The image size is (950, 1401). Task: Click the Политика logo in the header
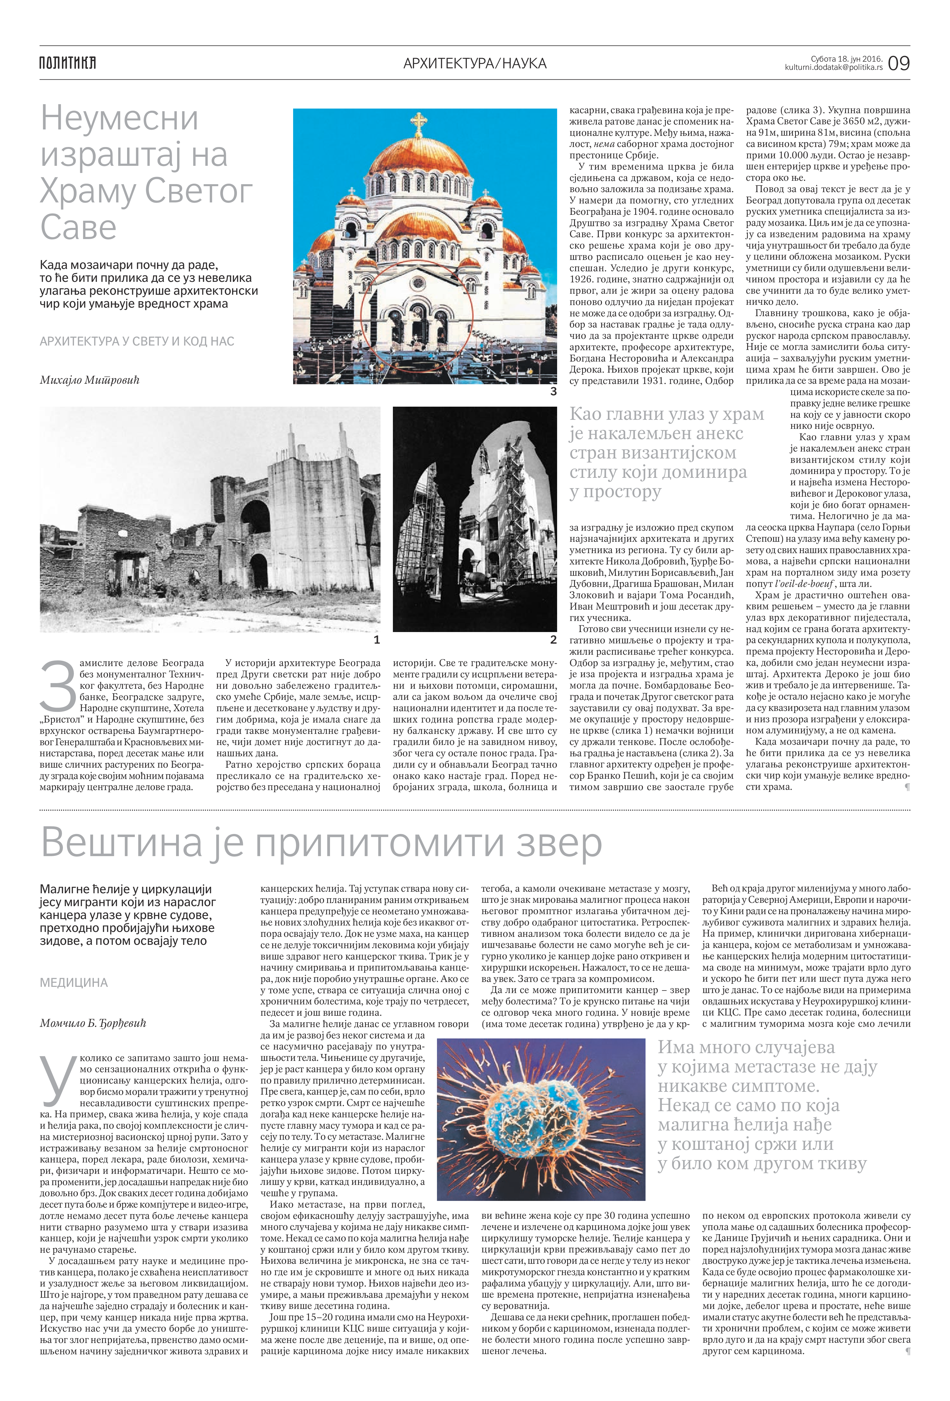coord(68,63)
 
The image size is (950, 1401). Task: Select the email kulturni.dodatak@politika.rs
coord(834,68)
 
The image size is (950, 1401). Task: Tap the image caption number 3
coord(553,391)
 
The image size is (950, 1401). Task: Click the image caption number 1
coord(377,640)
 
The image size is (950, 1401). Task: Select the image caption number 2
coord(553,640)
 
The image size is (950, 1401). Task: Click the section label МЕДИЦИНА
coord(73,983)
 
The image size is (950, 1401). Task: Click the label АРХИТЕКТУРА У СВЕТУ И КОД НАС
coord(137,341)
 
